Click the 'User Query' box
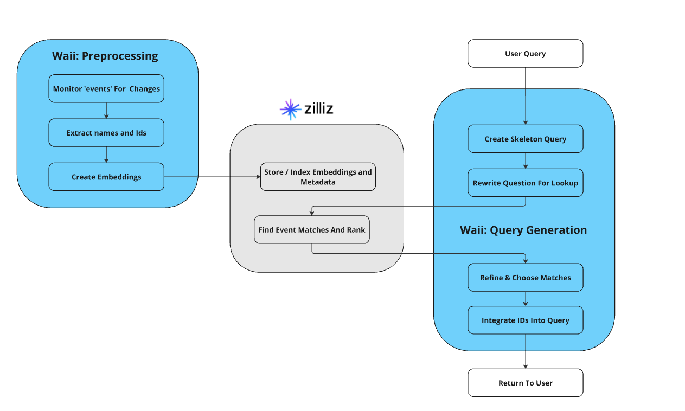click(x=525, y=54)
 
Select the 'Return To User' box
click(x=525, y=383)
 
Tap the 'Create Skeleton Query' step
click(x=525, y=139)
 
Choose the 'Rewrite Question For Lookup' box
click(x=525, y=183)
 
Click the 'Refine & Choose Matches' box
click(x=525, y=278)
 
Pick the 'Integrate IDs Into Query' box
click(x=525, y=320)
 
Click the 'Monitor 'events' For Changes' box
click(x=106, y=88)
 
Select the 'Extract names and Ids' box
click(x=106, y=133)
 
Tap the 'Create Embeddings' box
click(x=106, y=177)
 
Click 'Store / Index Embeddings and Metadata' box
click(x=318, y=177)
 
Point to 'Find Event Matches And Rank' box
click(x=312, y=230)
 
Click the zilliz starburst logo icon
click(x=290, y=109)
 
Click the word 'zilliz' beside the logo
click(x=319, y=109)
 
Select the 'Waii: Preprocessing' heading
click(x=105, y=56)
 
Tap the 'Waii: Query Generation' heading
click(x=523, y=230)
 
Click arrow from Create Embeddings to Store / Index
click(x=212, y=176)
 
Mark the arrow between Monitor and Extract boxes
click(x=106, y=111)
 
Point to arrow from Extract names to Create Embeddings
click(x=106, y=155)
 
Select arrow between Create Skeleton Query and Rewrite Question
click(x=525, y=160)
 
